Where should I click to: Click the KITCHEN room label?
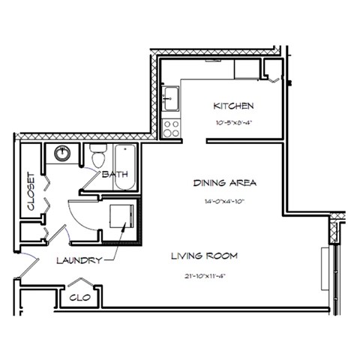coord(233,106)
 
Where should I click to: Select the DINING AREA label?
coord(225,183)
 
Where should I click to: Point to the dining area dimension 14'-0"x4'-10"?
coord(225,201)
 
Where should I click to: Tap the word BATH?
coord(115,174)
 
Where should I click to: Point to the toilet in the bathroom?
coord(97,157)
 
